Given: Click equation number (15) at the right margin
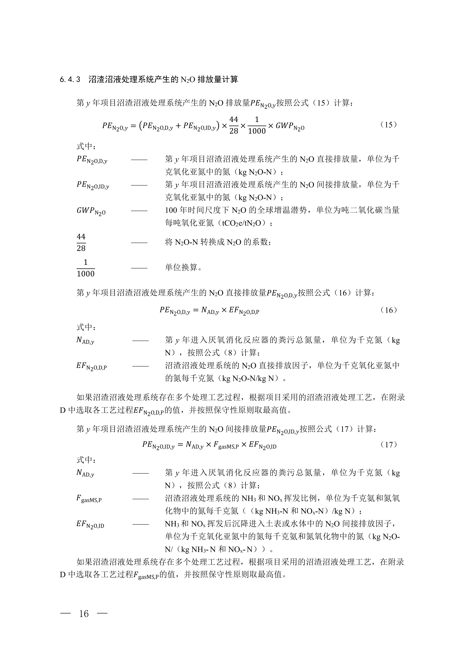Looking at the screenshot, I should tap(388, 125).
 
